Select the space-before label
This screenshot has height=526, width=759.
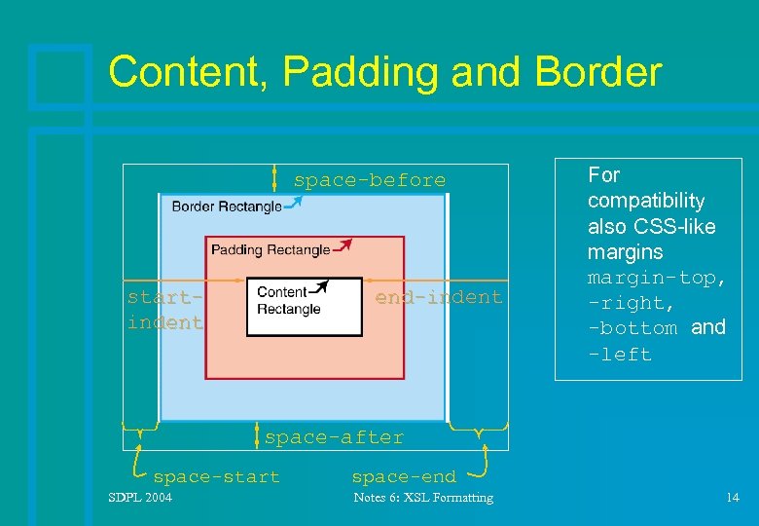(369, 180)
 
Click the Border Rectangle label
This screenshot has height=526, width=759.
(226, 207)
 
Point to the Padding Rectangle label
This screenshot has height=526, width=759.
(270, 249)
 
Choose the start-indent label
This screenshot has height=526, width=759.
(164, 310)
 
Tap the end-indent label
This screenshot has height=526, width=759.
(439, 297)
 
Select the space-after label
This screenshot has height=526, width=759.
(334, 437)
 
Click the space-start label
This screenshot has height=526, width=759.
(216, 476)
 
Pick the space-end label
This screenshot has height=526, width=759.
(403, 476)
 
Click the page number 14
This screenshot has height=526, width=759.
(732, 498)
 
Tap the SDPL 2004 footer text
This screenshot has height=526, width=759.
(140, 498)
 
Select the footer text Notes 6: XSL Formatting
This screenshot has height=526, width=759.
(422, 498)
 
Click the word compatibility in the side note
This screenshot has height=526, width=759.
(645, 201)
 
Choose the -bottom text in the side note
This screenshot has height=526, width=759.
(632, 328)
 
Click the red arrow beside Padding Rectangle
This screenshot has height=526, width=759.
(343, 244)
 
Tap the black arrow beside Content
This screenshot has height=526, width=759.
(320, 287)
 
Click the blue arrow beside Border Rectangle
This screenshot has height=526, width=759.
(293, 203)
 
